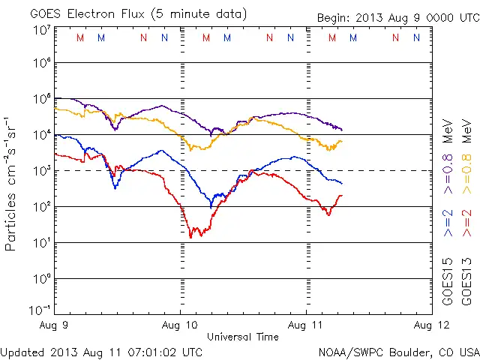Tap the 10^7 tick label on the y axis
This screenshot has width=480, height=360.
coord(41,29)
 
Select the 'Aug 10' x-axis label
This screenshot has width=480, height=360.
coord(181,326)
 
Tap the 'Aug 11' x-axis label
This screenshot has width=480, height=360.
coord(306,326)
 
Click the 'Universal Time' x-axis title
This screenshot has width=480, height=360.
coord(243,337)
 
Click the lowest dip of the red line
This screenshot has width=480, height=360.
coord(190,237)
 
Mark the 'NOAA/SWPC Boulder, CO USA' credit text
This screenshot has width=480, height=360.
coord(398,351)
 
